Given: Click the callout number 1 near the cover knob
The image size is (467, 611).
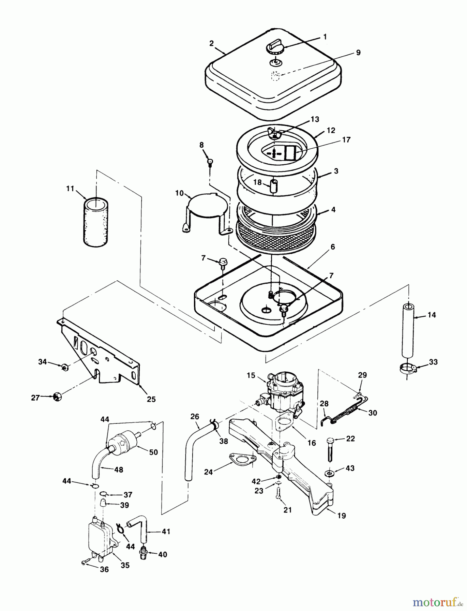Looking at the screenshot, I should [325, 37].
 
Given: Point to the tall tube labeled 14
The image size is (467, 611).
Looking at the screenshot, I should [409, 331].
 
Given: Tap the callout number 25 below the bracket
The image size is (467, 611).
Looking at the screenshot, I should [151, 399].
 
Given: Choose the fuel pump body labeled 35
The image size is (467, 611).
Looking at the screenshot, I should [100, 537].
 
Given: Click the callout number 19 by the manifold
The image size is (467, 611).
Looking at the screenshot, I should [342, 516].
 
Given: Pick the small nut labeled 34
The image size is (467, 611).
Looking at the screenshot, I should [65, 367].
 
